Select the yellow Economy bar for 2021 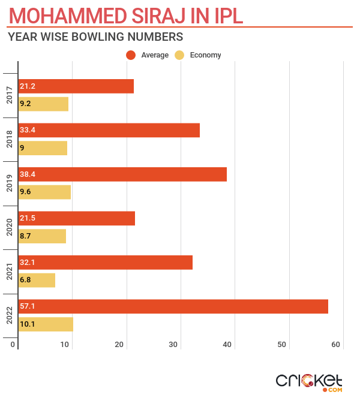tap(37, 280)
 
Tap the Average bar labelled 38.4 tap(122, 174)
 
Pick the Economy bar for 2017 tap(43, 104)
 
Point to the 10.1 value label tap(28, 324)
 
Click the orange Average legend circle tap(130, 55)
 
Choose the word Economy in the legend tap(205, 55)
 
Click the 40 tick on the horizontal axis tap(228, 345)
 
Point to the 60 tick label tap(336, 345)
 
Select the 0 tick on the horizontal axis tap(13, 345)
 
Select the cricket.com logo tap(309, 381)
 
